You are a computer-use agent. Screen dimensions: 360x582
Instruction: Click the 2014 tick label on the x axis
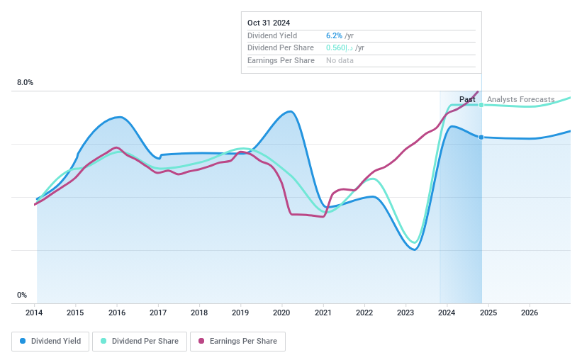pyautogui.click(x=35, y=313)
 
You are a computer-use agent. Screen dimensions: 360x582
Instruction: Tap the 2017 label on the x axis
pyautogui.click(x=158, y=313)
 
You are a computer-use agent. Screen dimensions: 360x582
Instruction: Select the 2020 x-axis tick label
pyautogui.click(x=281, y=313)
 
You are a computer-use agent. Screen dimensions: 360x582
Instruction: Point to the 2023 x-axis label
pyautogui.click(x=405, y=313)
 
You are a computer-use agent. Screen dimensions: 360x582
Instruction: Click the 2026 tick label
pyautogui.click(x=529, y=313)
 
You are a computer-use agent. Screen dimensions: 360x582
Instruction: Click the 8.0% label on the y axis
pyautogui.click(x=25, y=83)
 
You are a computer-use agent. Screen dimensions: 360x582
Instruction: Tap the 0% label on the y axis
pyautogui.click(x=22, y=296)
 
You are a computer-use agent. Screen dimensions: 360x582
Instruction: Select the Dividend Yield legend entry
pyautogui.click(x=50, y=341)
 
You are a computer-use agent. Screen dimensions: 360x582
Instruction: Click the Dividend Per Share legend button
pyautogui.click(x=140, y=341)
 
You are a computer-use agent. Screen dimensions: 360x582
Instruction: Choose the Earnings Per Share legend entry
pyautogui.click(x=237, y=341)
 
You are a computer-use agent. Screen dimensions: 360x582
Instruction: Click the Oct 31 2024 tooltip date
pyautogui.click(x=269, y=23)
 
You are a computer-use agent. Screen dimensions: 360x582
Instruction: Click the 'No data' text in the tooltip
pyautogui.click(x=340, y=60)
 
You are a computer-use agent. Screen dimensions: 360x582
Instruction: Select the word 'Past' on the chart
pyautogui.click(x=467, y=99)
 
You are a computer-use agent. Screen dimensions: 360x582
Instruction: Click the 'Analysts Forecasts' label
pyautogui.click(x=520, y=99)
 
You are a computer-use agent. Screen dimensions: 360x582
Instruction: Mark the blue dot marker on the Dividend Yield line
pyautogui.click(x=481, y=137)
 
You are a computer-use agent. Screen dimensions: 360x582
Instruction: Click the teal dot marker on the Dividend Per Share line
pyautogui.click(x=481, y=105)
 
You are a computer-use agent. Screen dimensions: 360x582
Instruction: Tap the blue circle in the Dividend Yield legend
pyautogui.click(x=23, y=341)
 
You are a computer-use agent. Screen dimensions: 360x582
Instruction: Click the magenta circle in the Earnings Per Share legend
pyautogui.click(x=201, y=341)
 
